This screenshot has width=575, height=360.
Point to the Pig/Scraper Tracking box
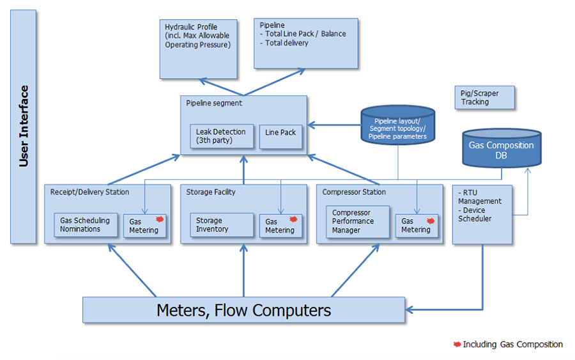[x=483, y=98]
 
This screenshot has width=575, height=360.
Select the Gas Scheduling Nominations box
[x=85, y=224]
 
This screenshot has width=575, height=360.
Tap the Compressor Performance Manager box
[x=357, y=221]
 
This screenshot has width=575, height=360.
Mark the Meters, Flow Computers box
[x=243, y=310]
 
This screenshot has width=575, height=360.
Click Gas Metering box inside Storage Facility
[x=280, y=225]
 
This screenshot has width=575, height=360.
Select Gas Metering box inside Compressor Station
[x=417, y=225]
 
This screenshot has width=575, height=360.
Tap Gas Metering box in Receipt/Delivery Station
[x=144, y=225]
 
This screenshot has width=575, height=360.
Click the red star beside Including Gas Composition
[x=456, y=344]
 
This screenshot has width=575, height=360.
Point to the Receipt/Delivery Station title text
[x=89, y=192]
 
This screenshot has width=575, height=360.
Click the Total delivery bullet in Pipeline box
[x=286, y=43]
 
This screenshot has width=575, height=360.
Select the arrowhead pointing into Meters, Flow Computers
[x=410, y=310]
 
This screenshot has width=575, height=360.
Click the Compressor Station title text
[x=354, y=192]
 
